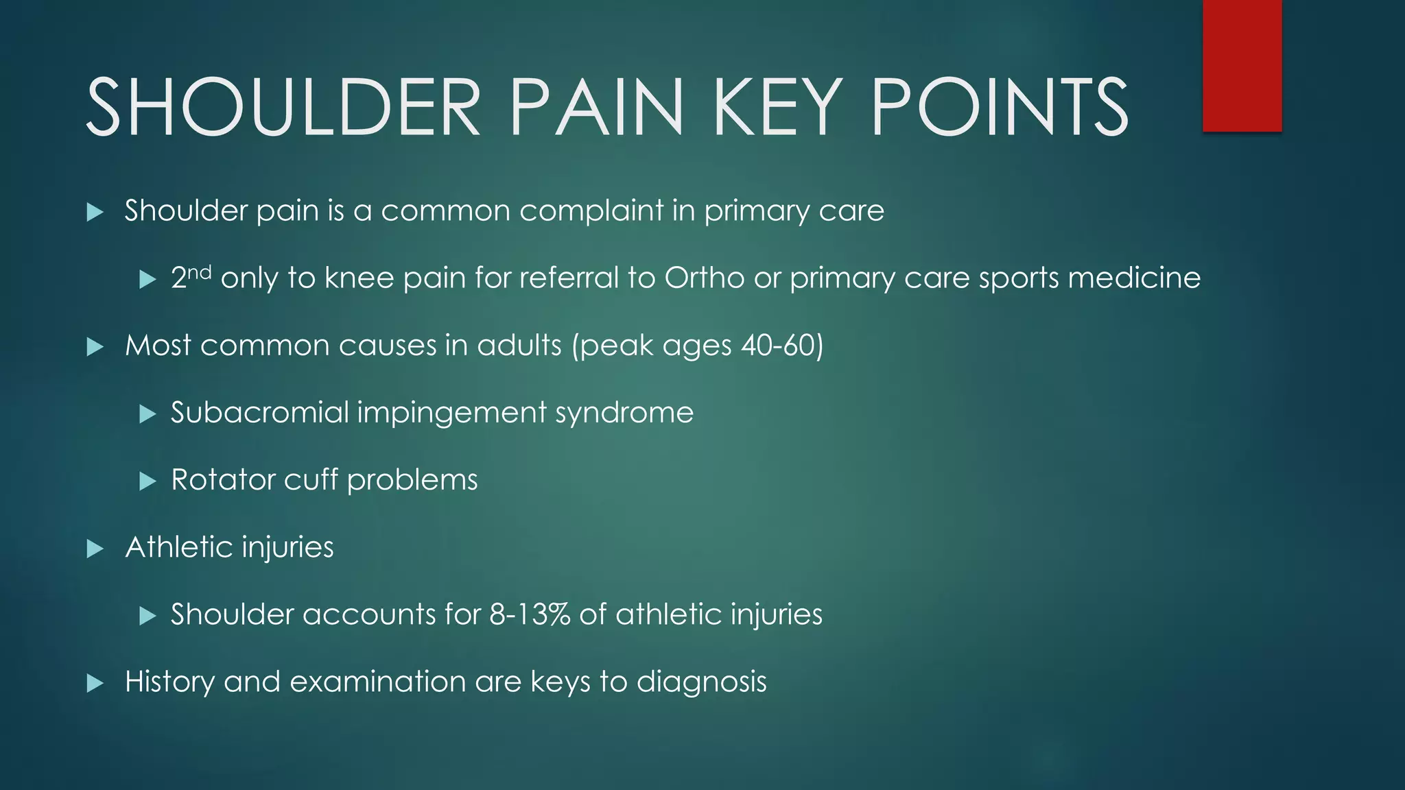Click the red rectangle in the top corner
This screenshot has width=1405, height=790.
click(x=1242, y=65)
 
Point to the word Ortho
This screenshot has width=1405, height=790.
click(x=704, y=278)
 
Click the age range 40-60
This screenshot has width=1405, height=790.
click(x=778, y=345)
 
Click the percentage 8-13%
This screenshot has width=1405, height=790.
click(x=529, y=614)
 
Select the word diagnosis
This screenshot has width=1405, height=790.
click(x=701, y=682)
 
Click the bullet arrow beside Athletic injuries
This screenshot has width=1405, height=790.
click(x=95, y=549)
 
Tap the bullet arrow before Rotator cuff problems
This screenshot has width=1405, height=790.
click(x=147, y=481)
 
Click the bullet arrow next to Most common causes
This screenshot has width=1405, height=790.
click(x=95, y=347)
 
